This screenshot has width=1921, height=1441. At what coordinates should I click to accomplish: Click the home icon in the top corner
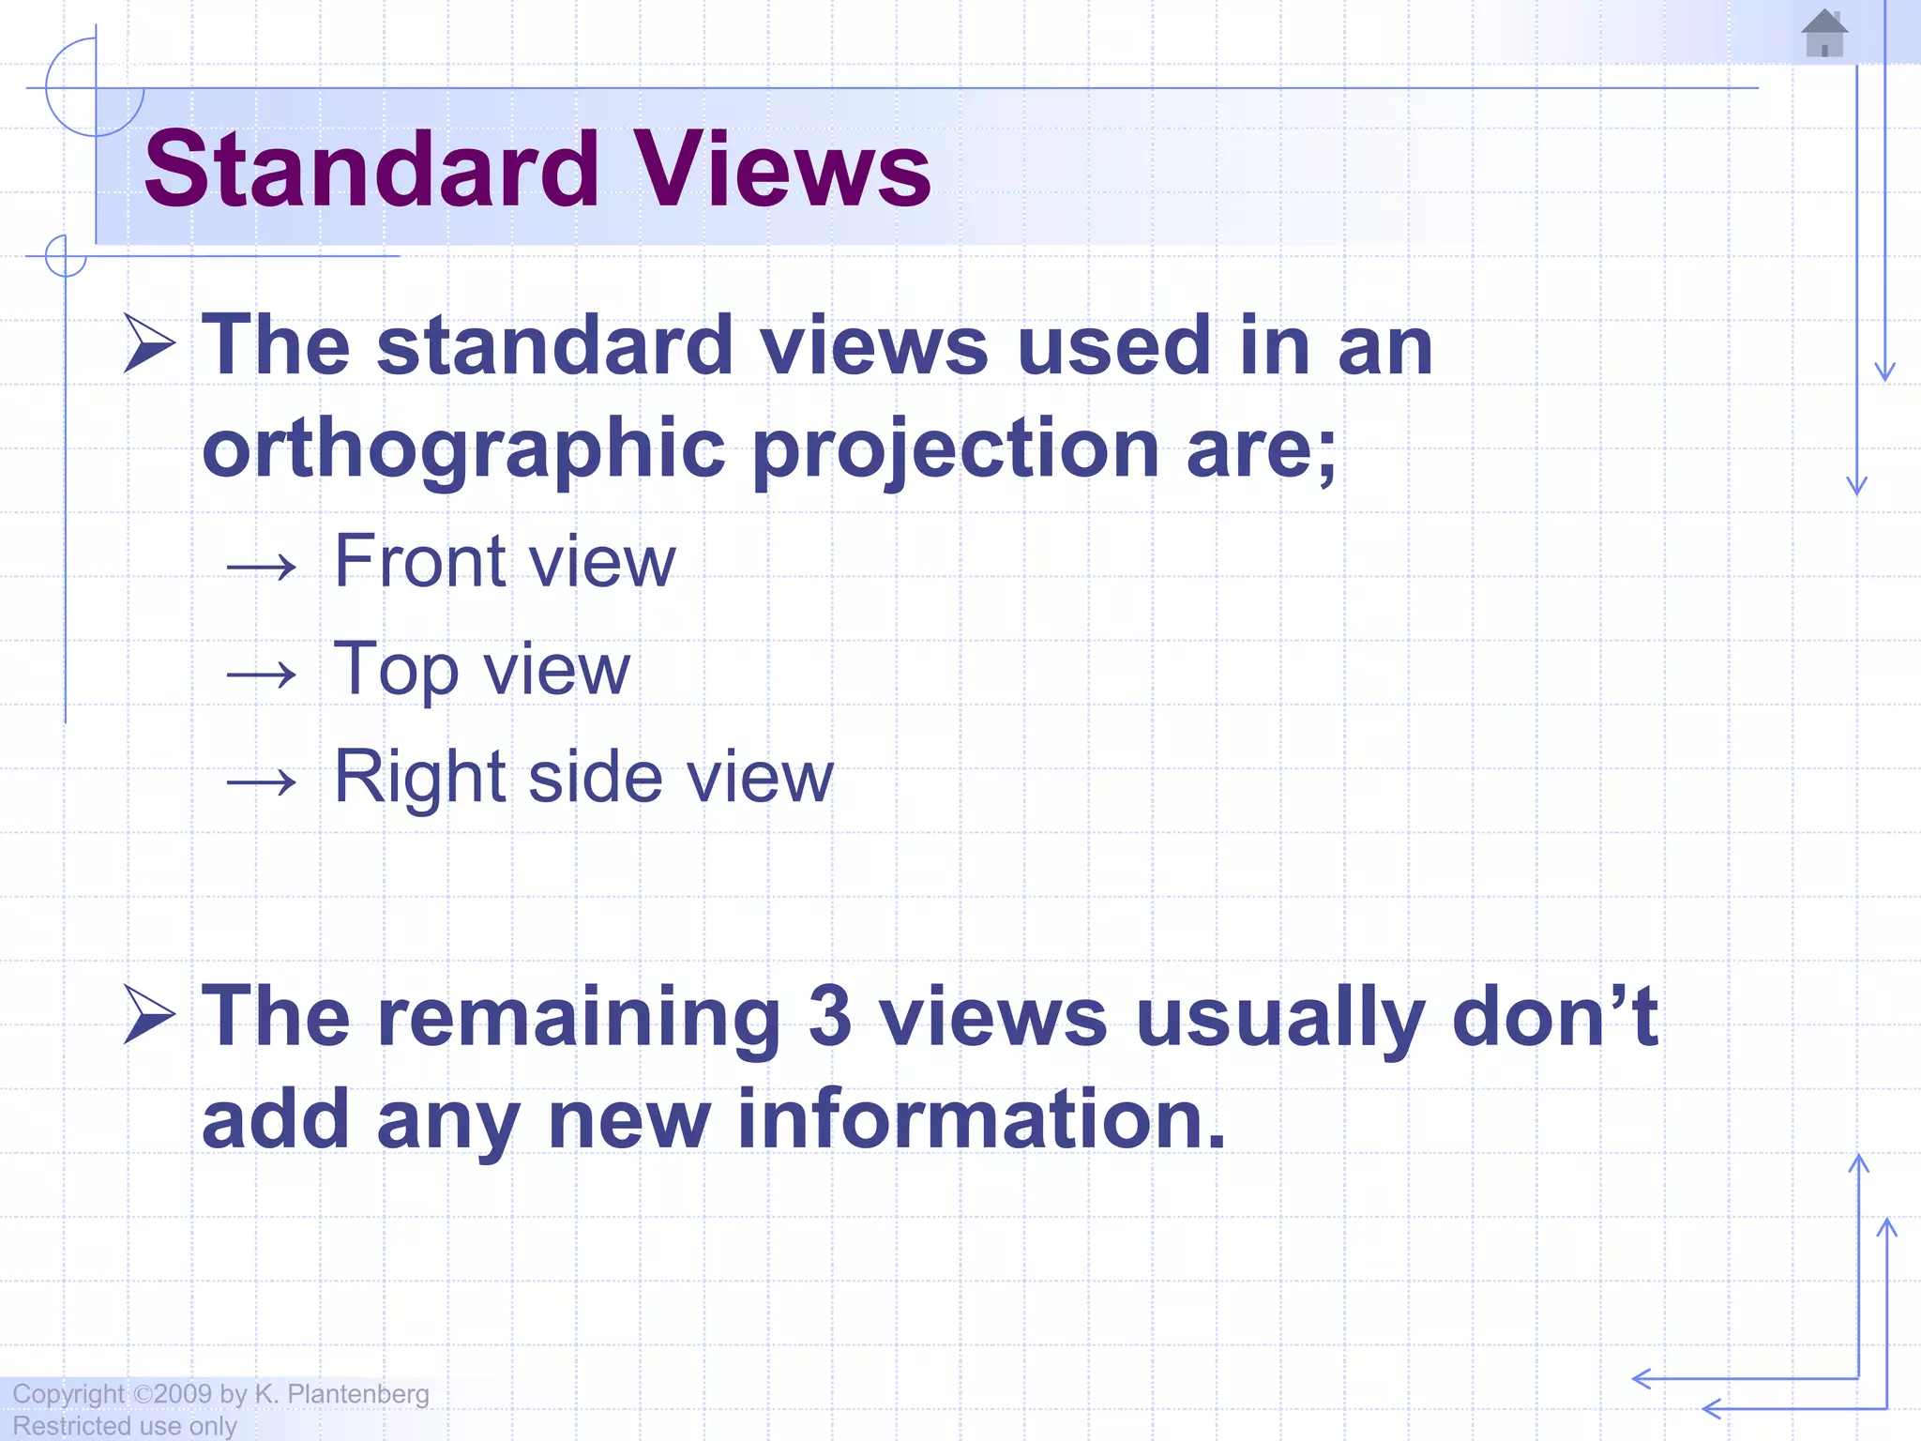tap(1824, 34)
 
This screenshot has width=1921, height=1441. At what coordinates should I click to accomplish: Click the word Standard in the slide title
tap(371, 170)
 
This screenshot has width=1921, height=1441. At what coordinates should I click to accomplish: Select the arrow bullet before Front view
tap(262, 566)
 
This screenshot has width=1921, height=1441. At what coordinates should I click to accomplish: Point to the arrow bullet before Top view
tap(262, 674)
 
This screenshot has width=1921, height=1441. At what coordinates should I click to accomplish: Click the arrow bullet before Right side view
tap(262, 781)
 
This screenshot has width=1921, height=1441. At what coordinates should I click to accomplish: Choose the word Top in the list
tap(396, 670)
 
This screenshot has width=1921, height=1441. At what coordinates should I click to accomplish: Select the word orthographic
tap(463, 448)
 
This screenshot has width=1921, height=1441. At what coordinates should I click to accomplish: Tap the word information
tap(981, 1118)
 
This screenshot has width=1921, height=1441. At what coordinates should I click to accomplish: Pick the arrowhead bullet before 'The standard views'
tap(149, 343)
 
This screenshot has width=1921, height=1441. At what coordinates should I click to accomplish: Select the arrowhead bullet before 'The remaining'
tap(149, 1015)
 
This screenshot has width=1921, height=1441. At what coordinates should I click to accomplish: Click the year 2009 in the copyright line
tap(183, 1394)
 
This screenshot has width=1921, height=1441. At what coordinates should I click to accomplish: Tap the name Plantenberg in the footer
tap(357, 1394)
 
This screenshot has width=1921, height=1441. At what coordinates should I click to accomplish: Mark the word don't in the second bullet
tap(1554, 1017)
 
